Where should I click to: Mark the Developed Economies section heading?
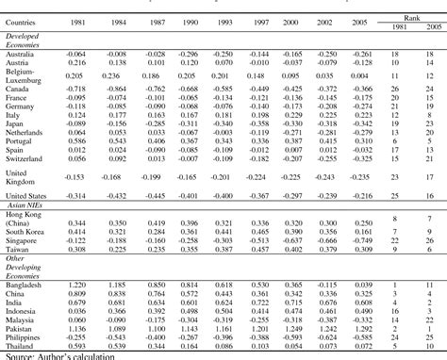pyautogui.click(x=26, y=40)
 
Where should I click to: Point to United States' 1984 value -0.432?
pyautogui.click(x=114, y=194)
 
